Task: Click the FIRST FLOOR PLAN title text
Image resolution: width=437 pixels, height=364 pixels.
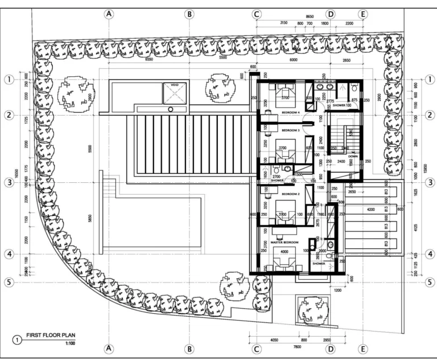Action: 51,336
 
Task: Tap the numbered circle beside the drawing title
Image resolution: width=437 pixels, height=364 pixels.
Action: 17,340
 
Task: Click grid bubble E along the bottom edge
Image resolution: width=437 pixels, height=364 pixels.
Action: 362,349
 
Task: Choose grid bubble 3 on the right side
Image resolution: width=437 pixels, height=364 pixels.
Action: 430,182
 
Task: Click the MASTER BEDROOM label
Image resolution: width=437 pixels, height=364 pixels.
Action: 285,242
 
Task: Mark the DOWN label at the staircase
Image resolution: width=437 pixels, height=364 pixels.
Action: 353,156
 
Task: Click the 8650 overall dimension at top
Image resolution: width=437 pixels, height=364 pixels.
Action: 310,18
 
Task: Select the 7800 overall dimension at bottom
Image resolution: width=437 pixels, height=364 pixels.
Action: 297,347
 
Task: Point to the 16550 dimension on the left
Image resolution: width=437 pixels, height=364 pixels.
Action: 17,180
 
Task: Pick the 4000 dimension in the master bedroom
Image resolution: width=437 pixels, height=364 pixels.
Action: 285,251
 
